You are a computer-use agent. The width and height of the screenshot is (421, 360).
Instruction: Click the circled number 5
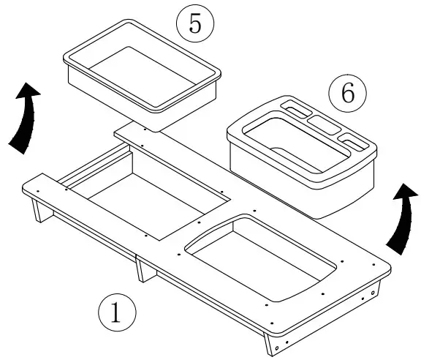195,23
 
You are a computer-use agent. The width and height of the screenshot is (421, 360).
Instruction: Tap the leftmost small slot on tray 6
296,110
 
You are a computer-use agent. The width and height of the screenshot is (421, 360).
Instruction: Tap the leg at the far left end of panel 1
37,212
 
